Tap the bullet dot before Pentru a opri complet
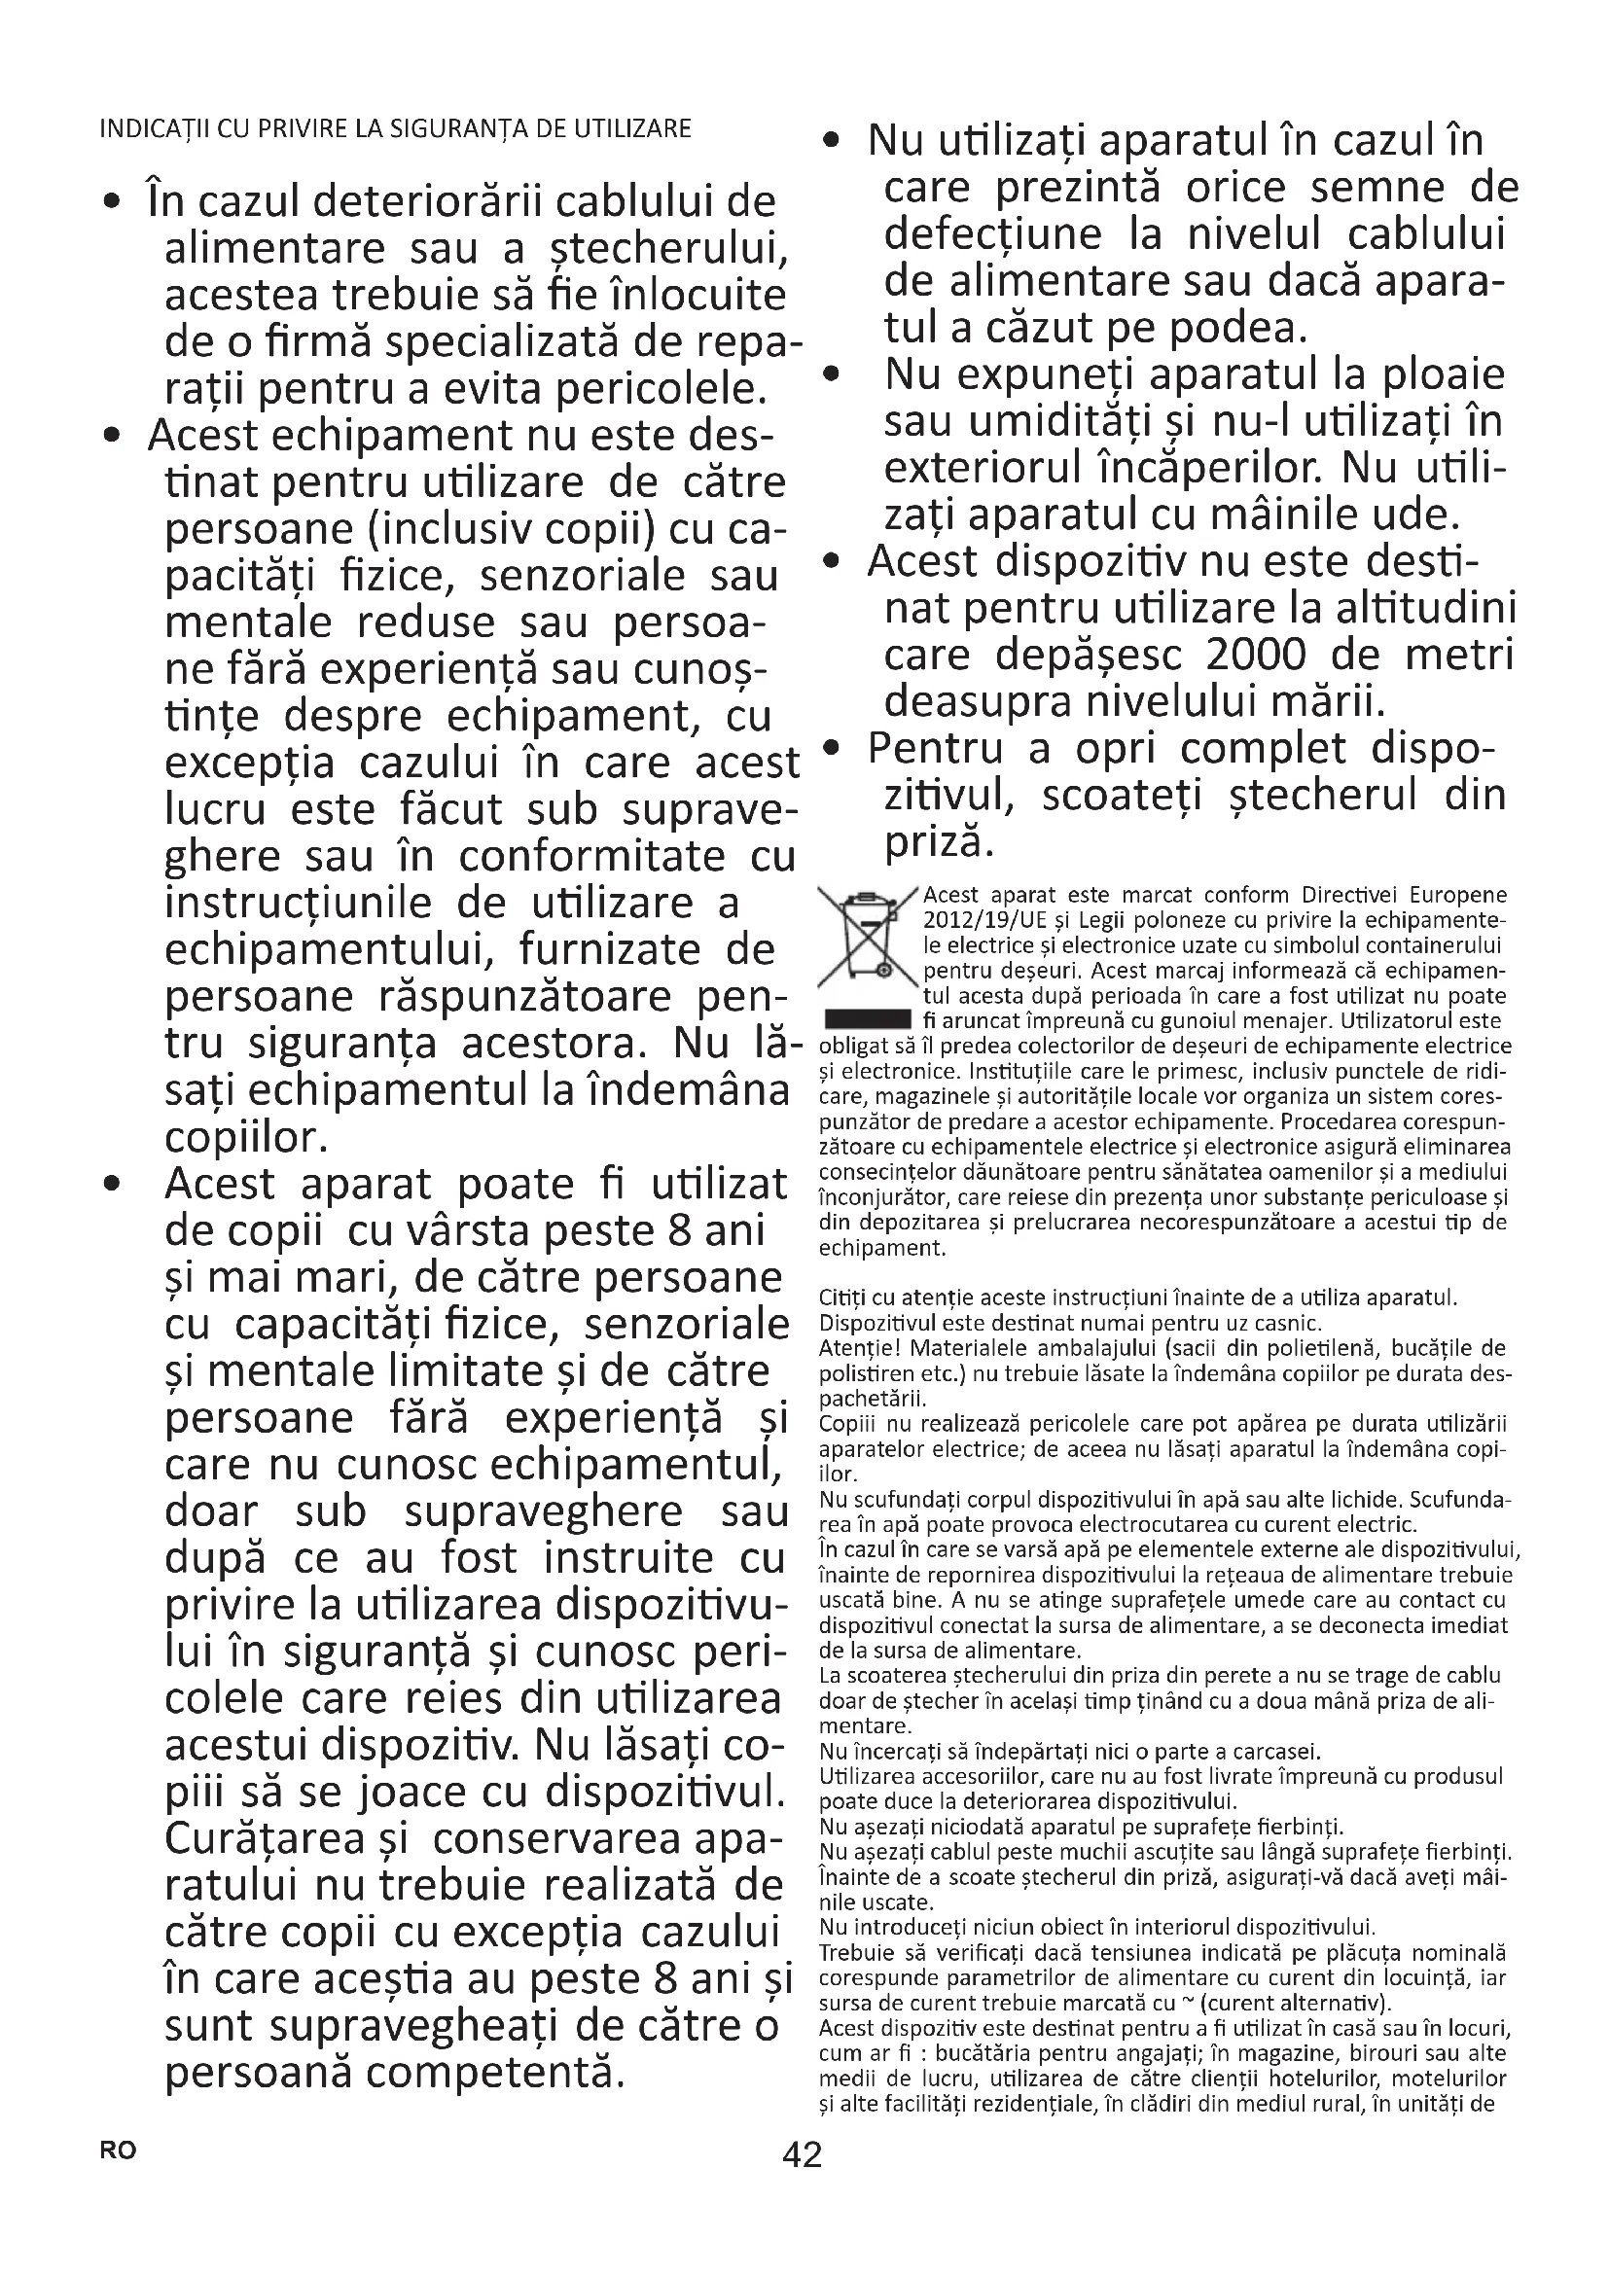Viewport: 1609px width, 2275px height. (833, 750)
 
